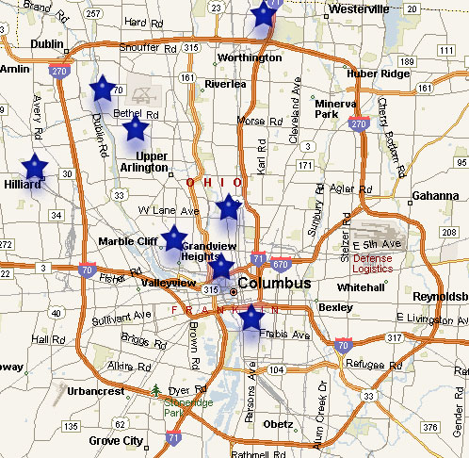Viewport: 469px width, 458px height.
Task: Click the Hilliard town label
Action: click(22, 185)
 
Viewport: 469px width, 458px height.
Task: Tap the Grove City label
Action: click(116, 440)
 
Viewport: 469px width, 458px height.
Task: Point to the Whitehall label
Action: click(361, 286)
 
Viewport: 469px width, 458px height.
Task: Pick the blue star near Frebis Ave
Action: click(250, 318)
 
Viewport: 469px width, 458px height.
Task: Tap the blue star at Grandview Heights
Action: click(174, 239)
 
